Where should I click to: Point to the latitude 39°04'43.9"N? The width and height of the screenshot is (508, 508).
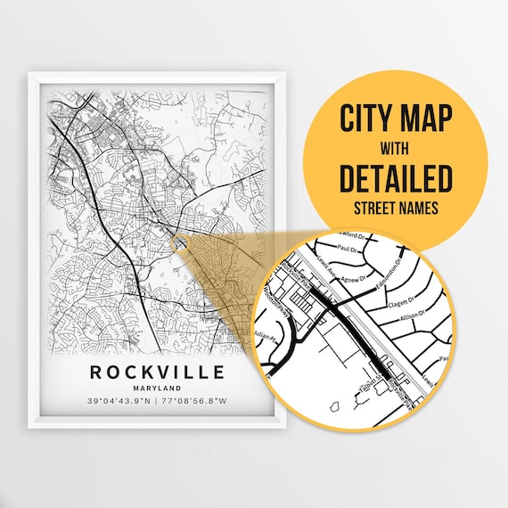119,401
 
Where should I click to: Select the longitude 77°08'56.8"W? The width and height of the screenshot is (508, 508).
195,401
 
